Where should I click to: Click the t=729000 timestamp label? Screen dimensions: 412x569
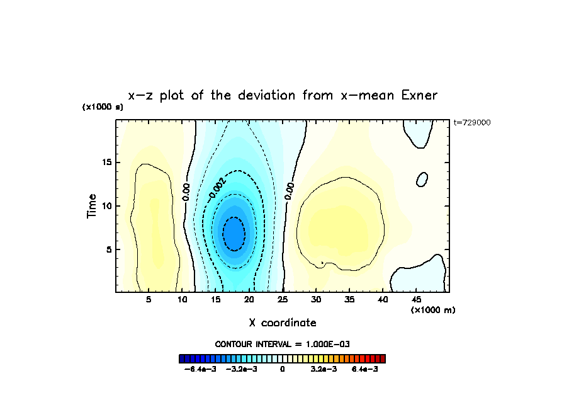pyautogui.click(x=471, y=123)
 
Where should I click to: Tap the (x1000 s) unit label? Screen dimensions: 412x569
pyautogui.click(x=103, y=107)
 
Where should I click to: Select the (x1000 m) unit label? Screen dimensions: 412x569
pyautogui.click(x=433, y=310)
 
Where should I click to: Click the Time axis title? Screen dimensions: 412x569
pyautogui.click(x=92, y=206)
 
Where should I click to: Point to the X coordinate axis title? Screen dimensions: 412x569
pyautogui.click(x=283, y=323)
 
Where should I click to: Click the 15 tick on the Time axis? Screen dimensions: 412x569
pyautogui.click(x=108, y=163)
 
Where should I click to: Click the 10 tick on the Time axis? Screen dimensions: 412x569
pyautogui.click(x=108, y=206)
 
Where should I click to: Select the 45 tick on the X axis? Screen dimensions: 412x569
pyautogui.click(x=416, y=300)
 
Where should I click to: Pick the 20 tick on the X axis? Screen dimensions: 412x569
pyautogui.click(x=249, y=300)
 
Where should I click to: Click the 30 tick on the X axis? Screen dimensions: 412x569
pyautogui.click(x=316, y=300)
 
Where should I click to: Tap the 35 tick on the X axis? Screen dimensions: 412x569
pyautogui.click(x=349, y=300)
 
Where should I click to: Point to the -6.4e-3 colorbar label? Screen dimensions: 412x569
pyautogui.click(x=200, y=369)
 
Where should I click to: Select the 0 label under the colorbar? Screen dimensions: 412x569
pyautogui.click(x=283, y=369)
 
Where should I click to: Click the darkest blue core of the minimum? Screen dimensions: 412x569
pyautogui.click(x=234, y=234)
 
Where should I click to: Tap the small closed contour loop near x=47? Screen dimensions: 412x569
pyautogui.click(x=422, y=179)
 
